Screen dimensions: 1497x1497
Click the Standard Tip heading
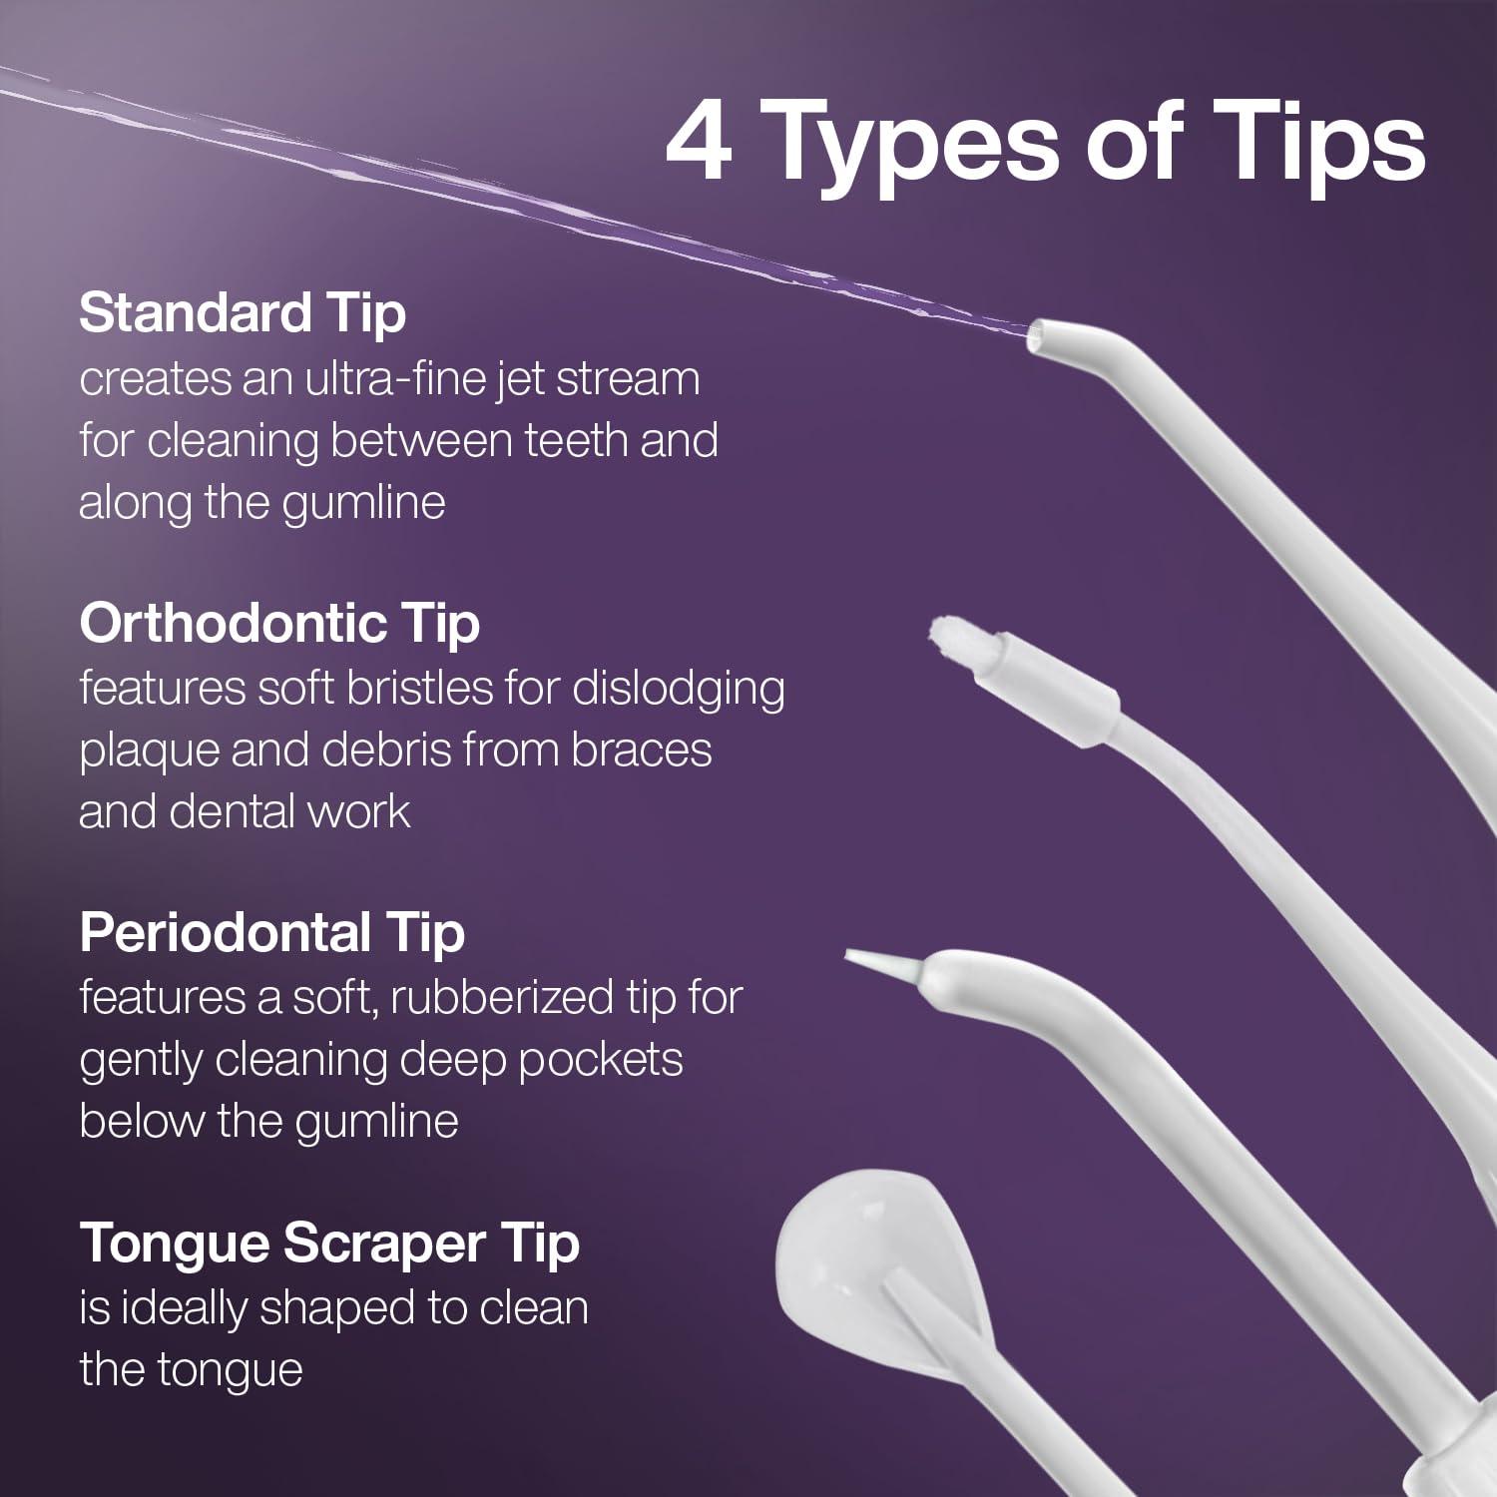tap(243, 313)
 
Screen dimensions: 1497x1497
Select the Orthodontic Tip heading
tap(279, 624)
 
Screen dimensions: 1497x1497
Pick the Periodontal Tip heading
tap(271, 933)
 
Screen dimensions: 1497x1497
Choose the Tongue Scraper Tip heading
tap(328, 1244)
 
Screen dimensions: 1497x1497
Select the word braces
tap(642, 750)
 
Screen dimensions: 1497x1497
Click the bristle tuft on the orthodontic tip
tap(947, 635)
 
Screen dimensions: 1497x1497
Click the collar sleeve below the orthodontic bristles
tap(1048, 679)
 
